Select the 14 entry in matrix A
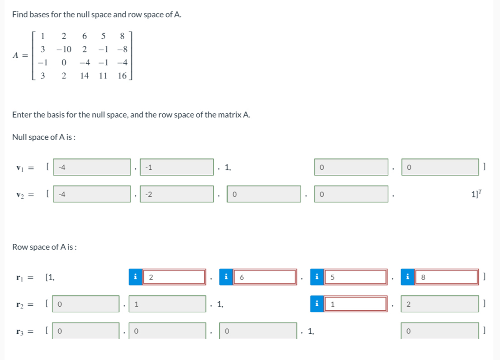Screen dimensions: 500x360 pyautogui.click(x=85, y=75)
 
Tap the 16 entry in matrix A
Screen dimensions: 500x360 pyautogui.click(x=122, y=75)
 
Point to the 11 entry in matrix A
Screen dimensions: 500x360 pyautogui.click(x=103, y=75)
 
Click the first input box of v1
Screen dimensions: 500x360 pyautogui.click(x=92, y=167)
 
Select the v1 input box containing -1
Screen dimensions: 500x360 pyautogui.click(x=176, y=167)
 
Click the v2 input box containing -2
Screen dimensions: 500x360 pyautogui.click(x=176, y=194)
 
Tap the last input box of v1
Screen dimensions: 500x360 pyautogui.click(x=440, y=167)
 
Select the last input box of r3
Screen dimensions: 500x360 pyautogui.click(x=440, y=332)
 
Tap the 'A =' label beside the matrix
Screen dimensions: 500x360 pyautogui.click(x=21, y=56)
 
